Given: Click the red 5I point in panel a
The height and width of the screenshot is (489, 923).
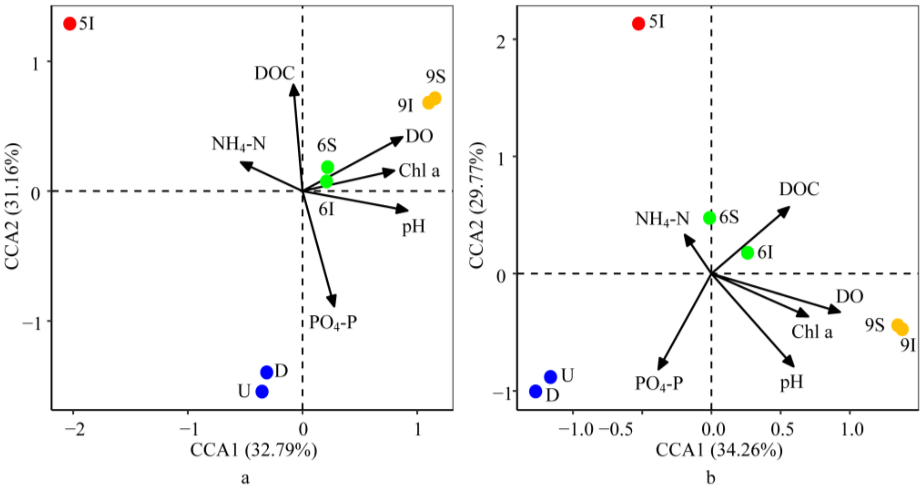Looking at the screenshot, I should [70, 24].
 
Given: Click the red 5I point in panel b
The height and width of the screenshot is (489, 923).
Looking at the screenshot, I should [638, 23].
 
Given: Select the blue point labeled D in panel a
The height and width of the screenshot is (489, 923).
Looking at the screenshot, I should [266, 373].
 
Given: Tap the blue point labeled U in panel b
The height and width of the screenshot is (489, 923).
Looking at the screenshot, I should [550, 377].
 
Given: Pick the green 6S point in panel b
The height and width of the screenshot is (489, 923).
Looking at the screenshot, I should [709, 218].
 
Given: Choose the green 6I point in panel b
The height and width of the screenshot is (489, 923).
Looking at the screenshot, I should [747, 253].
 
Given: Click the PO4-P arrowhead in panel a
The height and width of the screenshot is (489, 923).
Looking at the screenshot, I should [333, 302].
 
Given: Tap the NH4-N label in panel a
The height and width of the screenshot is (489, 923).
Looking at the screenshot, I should [239, 144].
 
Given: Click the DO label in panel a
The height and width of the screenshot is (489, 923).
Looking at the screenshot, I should [419, 136].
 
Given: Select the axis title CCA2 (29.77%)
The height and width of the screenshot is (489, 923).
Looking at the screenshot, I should [477, 206].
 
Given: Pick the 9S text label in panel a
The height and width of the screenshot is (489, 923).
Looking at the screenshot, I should [436, 76].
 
